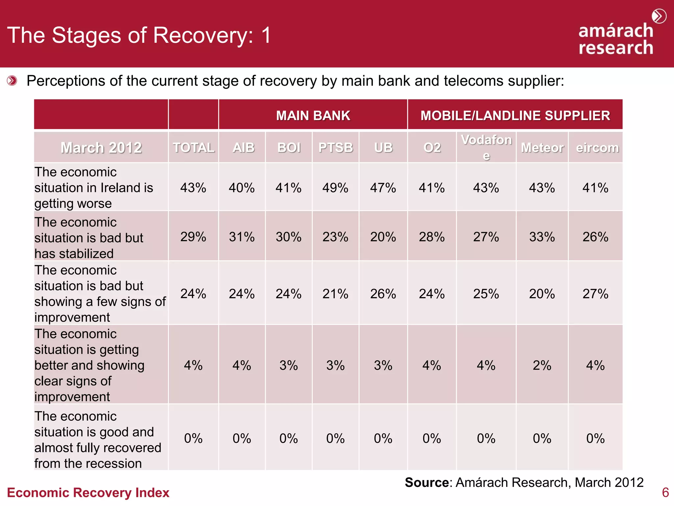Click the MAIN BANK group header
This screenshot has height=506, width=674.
(313, 116)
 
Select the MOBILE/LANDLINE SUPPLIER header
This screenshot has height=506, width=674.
(515, 116)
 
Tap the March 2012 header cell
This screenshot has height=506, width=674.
(101, 148)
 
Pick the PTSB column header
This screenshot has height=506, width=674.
(335, 148)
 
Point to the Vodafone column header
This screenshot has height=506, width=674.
(486, 147)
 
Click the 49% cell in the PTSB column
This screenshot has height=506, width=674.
(335, 188)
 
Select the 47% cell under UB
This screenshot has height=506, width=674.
(383, 188)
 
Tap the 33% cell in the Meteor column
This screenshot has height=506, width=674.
(542, 237)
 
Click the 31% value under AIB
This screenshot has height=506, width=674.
(242, 237)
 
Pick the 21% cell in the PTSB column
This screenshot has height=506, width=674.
(335, 294)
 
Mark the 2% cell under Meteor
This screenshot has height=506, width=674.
(542, 365)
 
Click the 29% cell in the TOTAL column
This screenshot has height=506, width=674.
(193, 237)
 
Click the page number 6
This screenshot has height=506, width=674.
(665, 492)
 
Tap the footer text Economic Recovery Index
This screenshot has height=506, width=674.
(88, 492)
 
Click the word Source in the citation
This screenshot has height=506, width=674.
(427, 482)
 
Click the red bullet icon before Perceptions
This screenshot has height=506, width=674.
(12, 81)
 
